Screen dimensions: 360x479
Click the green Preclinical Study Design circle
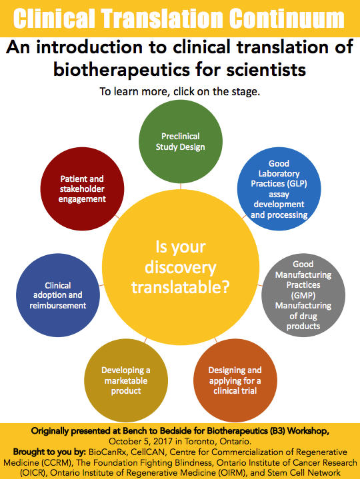pos(181,141)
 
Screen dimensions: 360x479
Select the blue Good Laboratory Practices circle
pos(279,189)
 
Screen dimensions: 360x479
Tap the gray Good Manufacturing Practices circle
pos(303,295)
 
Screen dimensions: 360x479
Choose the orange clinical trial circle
pos(235,380)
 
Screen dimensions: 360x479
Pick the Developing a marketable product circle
pos(126,380)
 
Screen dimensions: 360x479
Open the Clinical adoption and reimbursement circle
pos(58,295)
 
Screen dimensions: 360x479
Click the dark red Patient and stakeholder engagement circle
pos(82,189)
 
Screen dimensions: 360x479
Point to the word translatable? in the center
pos(180,287)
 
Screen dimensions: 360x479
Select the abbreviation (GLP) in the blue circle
pos(297,184)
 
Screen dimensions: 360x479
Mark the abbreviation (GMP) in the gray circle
pos(303,295)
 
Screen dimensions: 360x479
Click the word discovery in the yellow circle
pos(180,267)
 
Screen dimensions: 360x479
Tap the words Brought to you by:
pos(49,452)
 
